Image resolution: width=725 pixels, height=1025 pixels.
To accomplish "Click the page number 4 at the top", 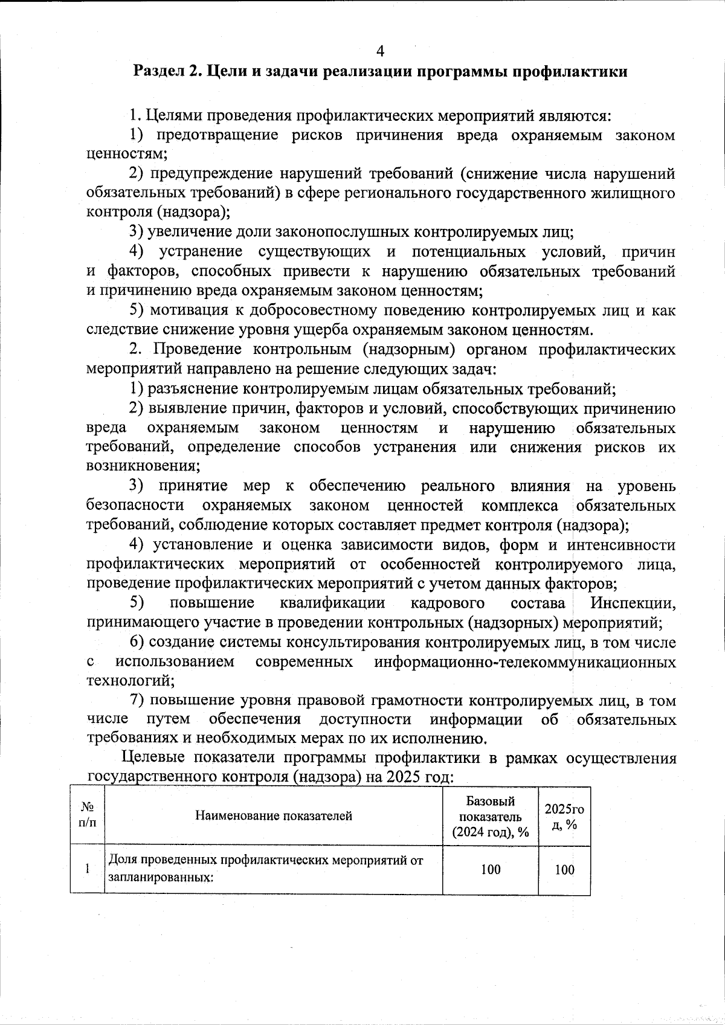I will pyautogui.click(x=380, y=50).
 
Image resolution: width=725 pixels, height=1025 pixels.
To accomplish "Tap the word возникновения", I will pyautogui.click(x=143, y=466).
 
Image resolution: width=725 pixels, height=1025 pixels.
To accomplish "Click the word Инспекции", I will pyautogui.click(x=633, y=603).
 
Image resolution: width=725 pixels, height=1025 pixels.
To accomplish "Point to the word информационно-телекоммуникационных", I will pyautogui.click(x=524, y=661).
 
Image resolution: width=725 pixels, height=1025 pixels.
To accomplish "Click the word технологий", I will pyautogui.click(x=130, y=681).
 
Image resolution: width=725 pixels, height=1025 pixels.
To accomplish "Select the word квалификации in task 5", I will pyautogui.click(x=332, y=603).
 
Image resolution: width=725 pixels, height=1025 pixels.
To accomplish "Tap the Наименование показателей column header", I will pyautogui.click(x=273, y=816).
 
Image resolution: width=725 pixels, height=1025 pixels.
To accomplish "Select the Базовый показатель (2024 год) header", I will pyautogui.click(x=490, y=816).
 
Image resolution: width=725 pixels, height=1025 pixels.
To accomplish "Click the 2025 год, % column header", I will pyautogui.click(x=564, y=816).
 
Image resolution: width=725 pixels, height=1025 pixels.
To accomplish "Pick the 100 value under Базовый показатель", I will pyautogui.click(x=490, y=869).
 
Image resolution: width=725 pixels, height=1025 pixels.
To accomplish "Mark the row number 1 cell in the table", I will pyautogui.click(x=88, y=869).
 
